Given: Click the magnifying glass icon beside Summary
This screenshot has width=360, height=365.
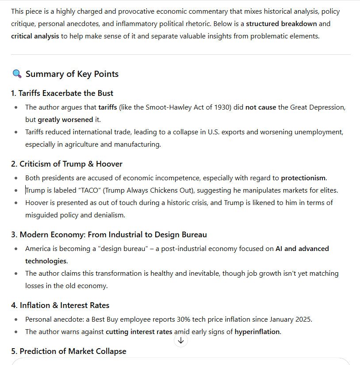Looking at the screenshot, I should click(17, 74).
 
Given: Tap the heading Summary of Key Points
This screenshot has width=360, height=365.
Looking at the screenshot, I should click(72, 74).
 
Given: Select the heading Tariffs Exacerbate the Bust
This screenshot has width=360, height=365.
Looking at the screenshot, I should click(62, 93).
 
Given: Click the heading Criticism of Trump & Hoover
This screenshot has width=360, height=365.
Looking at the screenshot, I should click(66, 164).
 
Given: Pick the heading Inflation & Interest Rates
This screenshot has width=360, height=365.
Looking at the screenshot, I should click(60, 305).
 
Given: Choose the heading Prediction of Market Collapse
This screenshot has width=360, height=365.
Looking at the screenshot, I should click(69, 351).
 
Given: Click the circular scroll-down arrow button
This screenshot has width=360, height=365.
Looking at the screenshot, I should click(180, 340).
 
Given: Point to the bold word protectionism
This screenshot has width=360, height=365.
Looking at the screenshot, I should click(303, 178).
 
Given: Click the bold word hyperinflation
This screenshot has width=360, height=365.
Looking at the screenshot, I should click(257, 331).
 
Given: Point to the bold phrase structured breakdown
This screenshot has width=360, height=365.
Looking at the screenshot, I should click(281, 23).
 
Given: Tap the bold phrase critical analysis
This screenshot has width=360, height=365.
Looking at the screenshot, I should click(35, 36).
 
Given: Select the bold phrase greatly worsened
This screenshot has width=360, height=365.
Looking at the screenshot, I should click(65, 119).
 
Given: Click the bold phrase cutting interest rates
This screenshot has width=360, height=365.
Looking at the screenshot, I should click(139, 331).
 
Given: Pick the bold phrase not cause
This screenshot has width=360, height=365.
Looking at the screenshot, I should click(261, 107).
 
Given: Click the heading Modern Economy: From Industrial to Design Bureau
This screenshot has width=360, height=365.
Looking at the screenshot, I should click(109, 235).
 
